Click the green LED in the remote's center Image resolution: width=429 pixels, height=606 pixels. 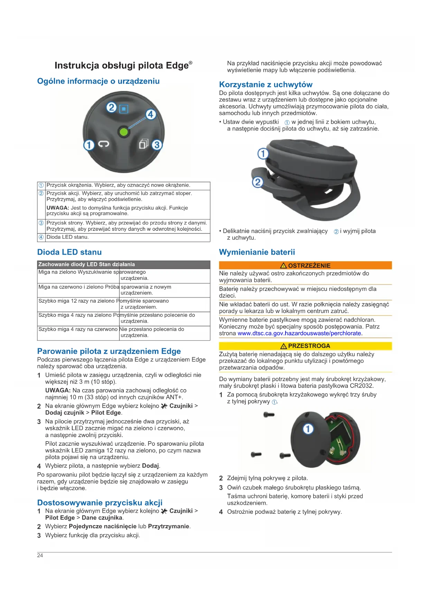[123, 132]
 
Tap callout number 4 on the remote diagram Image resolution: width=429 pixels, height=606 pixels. [150, 114]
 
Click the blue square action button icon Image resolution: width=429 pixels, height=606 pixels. [123, 109]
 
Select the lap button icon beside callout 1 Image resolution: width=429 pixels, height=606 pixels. [103, 144]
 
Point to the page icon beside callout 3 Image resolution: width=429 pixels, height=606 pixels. [143, 144]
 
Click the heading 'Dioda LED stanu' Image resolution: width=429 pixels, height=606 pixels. [69, 252]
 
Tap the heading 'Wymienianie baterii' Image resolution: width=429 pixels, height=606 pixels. [257, 252]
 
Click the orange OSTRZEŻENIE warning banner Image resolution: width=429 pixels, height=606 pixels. [305, 265]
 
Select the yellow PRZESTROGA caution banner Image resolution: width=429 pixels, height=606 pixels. [305, 346]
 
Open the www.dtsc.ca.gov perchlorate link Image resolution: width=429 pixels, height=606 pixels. [300, 333]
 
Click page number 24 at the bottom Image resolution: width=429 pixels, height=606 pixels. [40, 555]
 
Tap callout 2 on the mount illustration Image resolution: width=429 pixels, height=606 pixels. [258, 182]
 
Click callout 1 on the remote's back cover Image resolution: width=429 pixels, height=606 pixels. [308, 429]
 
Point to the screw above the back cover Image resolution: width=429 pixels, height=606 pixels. [269, 415]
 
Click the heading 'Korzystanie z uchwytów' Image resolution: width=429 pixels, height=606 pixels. [265, 85]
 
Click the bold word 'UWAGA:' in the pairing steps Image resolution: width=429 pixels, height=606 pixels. [58, 390]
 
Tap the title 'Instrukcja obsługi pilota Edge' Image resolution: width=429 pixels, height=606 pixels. [123, 65]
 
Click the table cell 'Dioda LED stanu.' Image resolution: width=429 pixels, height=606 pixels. [68, 237]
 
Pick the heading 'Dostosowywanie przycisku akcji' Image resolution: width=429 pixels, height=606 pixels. [100, 503]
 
